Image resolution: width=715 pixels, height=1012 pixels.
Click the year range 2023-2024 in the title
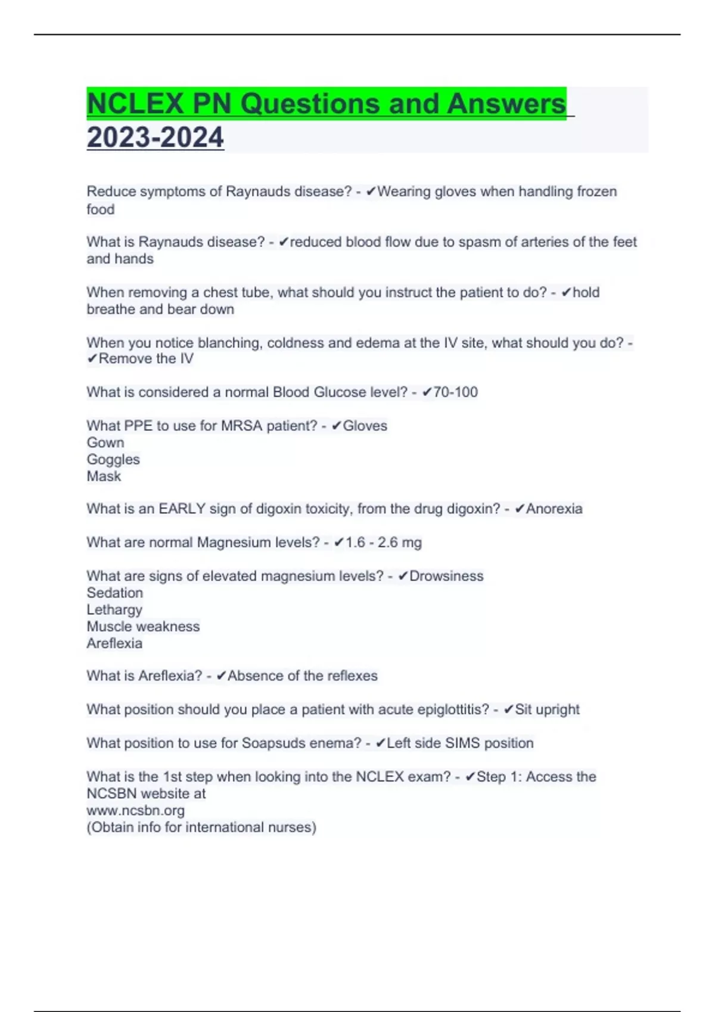[155, 138]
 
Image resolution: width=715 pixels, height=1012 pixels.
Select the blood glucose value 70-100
[455, 392]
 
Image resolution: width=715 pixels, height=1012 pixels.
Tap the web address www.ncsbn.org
[135, 810]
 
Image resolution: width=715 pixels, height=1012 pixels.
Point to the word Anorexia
[554, 509]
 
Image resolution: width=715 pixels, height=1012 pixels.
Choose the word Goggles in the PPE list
[113, 460]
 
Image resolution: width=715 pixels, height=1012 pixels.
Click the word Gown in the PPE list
[105, 443]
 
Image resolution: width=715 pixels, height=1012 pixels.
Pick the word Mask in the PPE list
[104, 476]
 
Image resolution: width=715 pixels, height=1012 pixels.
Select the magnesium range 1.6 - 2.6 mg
[384, 542]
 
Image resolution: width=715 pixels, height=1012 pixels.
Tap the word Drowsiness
[446, 576]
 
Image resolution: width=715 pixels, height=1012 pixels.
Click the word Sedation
[115, 593]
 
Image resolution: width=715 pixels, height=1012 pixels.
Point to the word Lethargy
[114, 610]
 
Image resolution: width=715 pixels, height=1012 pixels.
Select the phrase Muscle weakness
[143, 626]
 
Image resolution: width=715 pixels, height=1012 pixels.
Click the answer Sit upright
[547, 710]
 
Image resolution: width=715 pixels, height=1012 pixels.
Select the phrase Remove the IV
[146, 359]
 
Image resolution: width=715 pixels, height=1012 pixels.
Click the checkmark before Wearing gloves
[371, 192]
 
